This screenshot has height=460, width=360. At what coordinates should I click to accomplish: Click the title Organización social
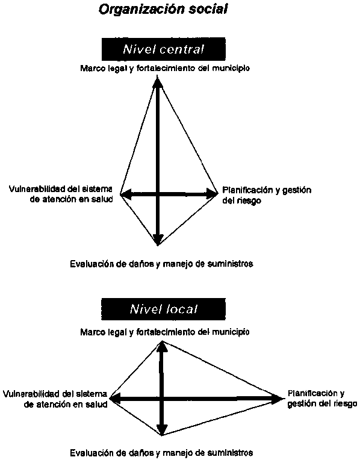tap(163, 10)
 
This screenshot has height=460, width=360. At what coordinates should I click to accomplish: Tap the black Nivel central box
tap(163, 49)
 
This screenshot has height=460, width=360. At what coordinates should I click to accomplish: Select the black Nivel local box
tap(163, 309)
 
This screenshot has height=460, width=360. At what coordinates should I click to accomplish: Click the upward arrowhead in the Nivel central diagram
tap(158, 81)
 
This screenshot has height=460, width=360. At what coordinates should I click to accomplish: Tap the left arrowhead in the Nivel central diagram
tap(126, 194)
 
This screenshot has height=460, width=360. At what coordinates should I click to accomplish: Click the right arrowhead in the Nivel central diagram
tap(211, 194)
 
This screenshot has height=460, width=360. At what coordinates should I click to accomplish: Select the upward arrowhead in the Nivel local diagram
tap(163, 346)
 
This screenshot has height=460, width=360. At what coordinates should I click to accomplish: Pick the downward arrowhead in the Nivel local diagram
tap(162, 429)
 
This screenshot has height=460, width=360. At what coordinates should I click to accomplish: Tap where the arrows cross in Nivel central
tap(158, 194)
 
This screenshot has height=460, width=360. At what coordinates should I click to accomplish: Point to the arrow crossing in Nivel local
tap(162, 399)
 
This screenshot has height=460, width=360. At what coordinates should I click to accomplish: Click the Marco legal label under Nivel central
tap(165, 69)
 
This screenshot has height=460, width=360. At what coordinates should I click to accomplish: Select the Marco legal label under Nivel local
tap(165, 332)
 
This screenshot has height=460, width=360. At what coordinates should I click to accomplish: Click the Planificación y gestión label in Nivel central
tap(267, 196)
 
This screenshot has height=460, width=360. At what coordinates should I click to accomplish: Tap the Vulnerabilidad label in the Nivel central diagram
tap(61, 194)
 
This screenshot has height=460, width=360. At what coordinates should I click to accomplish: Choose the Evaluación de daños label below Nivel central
tap(162, 264)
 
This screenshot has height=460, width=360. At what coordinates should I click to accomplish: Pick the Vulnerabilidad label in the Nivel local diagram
tap(55, 399)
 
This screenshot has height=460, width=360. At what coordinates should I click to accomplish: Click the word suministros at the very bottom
tap(230, 453)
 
